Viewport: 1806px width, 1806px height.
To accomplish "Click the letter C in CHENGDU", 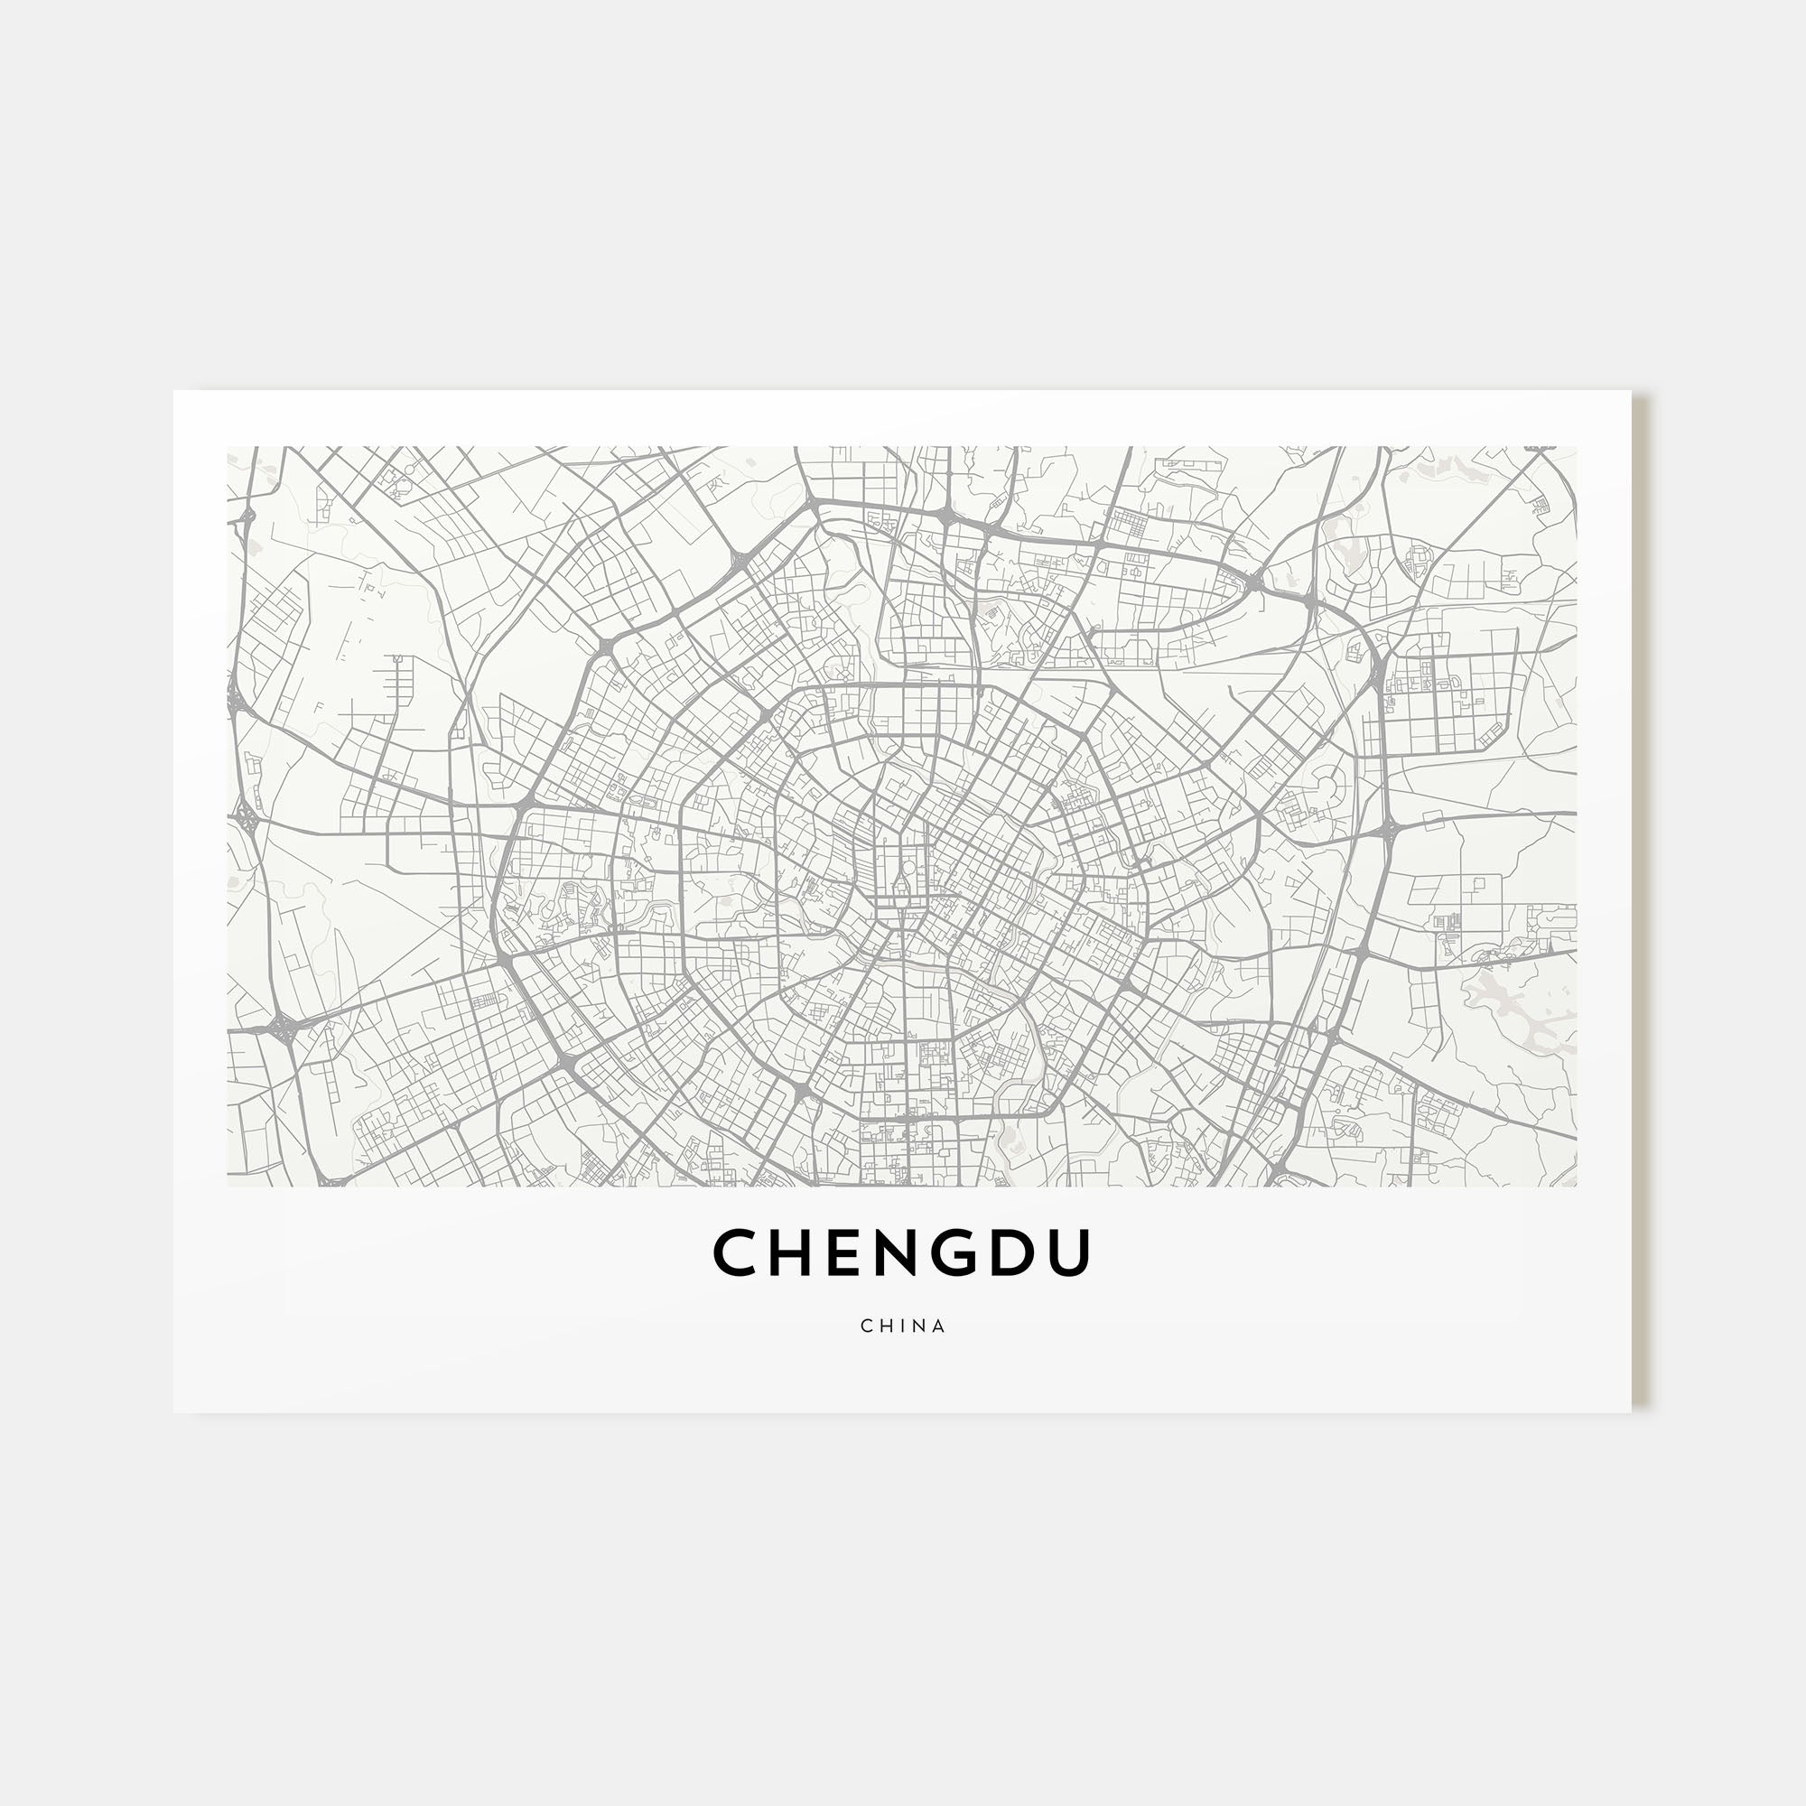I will tap(736, 1253).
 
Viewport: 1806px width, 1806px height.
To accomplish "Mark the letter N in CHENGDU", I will tap(895, 1253).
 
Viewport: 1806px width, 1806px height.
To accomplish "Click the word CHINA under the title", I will tap(903, 1326).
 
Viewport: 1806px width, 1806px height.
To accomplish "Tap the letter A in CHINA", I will tap(939, 1326).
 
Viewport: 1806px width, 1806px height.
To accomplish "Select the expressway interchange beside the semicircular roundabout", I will tap(1387, 828).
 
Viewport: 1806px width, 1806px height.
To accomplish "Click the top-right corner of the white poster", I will tap(1630, 392).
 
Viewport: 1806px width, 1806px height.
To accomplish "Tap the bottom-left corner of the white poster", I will tap(174, 1411).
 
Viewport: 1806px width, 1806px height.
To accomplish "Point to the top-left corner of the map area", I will tap(228, 447).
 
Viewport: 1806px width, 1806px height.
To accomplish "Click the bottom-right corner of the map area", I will tap(1576, 1187).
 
